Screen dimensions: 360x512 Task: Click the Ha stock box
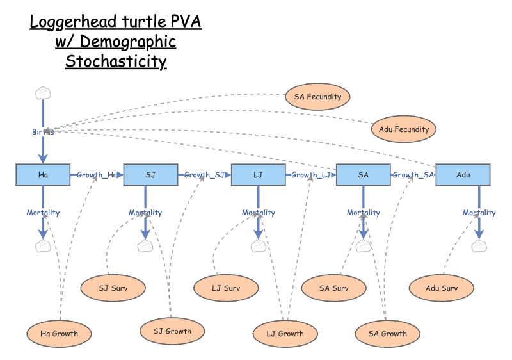(x=43, y=175)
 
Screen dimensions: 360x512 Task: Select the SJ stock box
(x=150, y=175)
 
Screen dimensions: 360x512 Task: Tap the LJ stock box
(x=258, y=175)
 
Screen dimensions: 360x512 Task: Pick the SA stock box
(x=364, y=175)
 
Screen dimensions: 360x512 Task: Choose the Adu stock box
(x=463, y=175)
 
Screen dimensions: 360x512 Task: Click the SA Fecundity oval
(x=318, y=97)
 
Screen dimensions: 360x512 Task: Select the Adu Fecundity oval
(x=403, y=129)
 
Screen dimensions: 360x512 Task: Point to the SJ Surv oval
(x=113, y=288)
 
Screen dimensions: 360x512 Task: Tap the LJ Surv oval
(x=226, y=288)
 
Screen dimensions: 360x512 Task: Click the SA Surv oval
(x=334, y=288)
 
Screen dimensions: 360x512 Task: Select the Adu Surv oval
(x=442, y=288)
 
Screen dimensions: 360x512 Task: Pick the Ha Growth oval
(x=59, y=334)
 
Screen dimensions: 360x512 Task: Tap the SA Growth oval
(x=388, y=334)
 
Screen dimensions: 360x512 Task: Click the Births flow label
(x=43, y=132)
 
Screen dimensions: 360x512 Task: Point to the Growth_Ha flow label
(x=97, y=175)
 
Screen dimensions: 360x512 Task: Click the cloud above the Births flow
(x=43, y=94)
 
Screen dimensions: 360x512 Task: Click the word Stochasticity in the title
(x=116, y=62)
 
